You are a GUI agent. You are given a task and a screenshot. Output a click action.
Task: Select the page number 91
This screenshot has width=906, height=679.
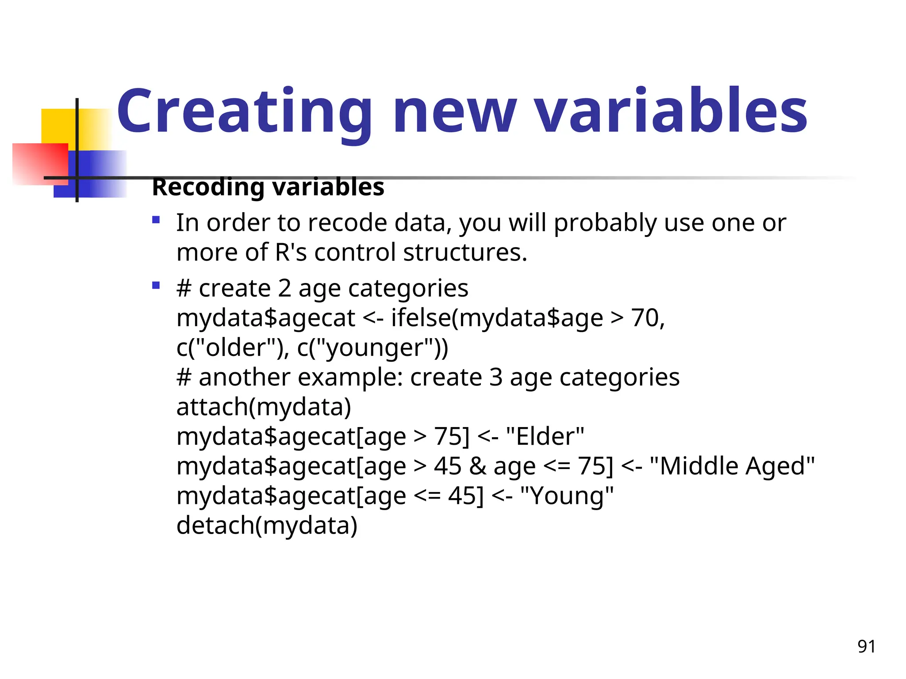coord(866,646)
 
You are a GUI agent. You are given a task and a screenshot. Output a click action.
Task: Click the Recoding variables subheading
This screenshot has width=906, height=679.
coord(268,187)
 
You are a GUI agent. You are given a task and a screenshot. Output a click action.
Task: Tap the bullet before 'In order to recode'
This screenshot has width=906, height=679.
coord(156,220)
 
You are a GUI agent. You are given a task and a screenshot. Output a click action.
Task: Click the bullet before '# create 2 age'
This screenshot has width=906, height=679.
coord(156,285)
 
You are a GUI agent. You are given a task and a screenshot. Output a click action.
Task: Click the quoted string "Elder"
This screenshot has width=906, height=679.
coord(545,436)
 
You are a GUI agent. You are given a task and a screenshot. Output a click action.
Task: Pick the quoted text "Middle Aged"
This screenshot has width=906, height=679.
coord(732,466)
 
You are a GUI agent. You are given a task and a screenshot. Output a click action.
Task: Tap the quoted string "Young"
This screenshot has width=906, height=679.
coord(567,496)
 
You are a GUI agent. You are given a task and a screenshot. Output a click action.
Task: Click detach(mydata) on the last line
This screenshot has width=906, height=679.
coord(267,525)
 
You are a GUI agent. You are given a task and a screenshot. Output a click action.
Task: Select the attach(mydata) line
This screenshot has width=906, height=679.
coord(264,407)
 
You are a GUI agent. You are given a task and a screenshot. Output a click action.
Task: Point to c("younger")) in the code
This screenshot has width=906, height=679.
coord(372,347)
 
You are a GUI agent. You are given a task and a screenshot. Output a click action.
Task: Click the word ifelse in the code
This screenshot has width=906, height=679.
coord(420,318)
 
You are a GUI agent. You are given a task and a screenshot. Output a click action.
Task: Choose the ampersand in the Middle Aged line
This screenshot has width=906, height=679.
coord(477,466)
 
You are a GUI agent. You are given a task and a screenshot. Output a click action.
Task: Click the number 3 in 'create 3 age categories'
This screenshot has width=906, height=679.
coord(495,377)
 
